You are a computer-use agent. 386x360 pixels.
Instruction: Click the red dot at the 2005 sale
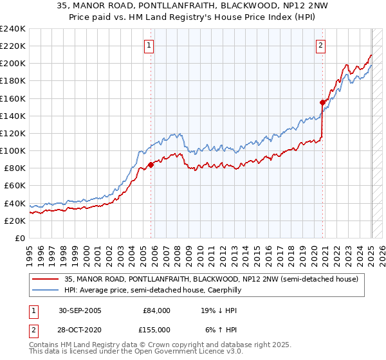pyautogui.click(x=151, y=165)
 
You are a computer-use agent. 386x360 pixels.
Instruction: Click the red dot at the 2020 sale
pyautogui.click(x=323, y=102)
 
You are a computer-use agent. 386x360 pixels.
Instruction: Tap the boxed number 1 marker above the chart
pyautogui.click(x=149, y=45)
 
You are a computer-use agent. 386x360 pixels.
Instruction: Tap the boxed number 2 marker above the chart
pyautogui.click(x=320, y=45)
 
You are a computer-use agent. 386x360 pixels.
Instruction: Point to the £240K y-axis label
pyautogui.click(x=12, y=29)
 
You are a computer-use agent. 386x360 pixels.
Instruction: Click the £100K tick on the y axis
pyautogui.click(x=12, y=150)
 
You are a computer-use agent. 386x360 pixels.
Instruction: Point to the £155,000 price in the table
pyautogui.click(x=156, y=330)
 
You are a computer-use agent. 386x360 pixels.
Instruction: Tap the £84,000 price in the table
pyautogui.click(x=156, y=310)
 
